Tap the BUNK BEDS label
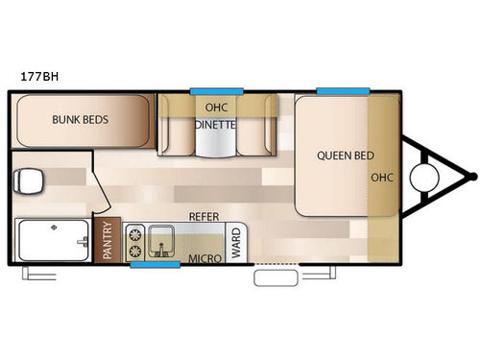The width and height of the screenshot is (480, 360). coord(80,120)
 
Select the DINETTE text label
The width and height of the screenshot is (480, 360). coord(216,124)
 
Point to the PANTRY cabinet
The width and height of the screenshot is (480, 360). coord(108,241)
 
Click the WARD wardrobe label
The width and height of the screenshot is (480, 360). coord(235,240)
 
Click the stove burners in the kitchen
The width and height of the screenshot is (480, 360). coord(135,242)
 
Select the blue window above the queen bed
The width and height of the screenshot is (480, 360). coord(343,90)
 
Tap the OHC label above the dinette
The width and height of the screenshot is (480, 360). coord(216,107)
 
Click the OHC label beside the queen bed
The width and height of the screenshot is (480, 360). coord(382,177)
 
